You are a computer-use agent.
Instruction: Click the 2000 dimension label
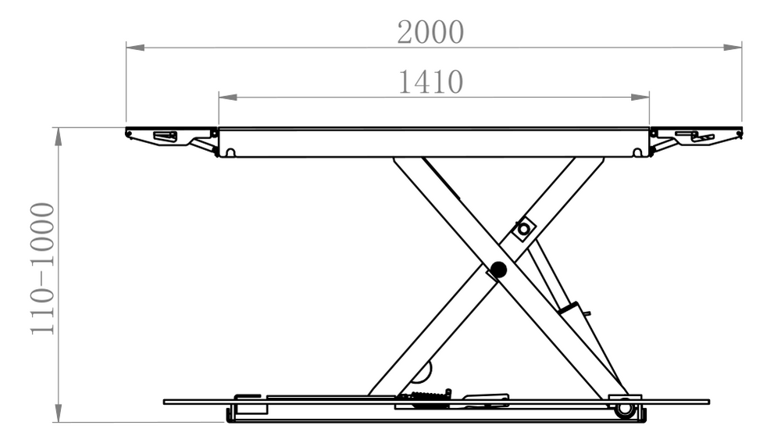pyautogui.click(x=430, y=32)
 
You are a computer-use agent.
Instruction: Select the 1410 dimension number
pyautogui.click(x=431, y=82)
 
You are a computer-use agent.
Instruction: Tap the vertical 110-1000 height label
pyautogui.click(x=42, y=269)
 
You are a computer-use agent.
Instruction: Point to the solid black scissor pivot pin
pyautogui.click(x=498, y=270)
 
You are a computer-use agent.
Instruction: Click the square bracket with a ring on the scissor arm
pyautogui.click(x=523, y=229)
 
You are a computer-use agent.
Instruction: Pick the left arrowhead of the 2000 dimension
pyautogui.click(x=135, y=48)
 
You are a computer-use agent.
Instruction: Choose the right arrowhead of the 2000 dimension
pyautogui.click(x=733, y=48)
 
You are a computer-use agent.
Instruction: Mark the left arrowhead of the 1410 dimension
pyautogui.click(x=228, y=97)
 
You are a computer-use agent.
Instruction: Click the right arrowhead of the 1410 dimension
pyautogui.click(x=640, y=97)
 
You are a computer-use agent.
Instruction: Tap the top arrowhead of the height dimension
pyautogui.click(x=59, y=137)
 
